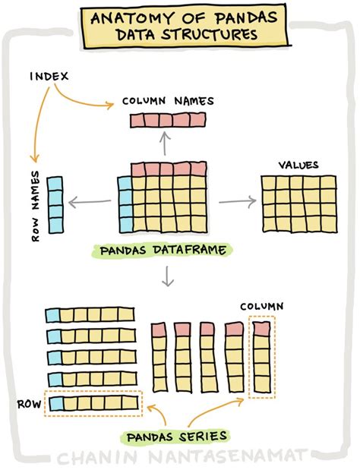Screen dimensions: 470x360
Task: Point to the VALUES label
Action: [298, 165]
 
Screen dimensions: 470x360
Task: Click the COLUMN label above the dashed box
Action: [262, 306]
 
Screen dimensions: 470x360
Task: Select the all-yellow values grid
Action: [298, 203]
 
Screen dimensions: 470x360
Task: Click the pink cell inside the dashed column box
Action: [261, 329]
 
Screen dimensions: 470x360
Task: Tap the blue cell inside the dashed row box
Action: [53, 402]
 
